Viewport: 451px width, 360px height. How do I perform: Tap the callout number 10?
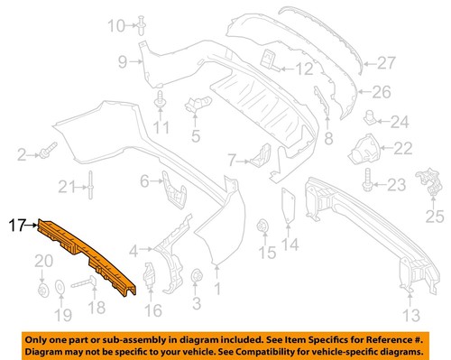click(x=116, y=26)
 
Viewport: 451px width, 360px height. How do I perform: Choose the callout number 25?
click(x=437, y=217)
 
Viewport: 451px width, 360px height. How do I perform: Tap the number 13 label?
click(x=411, y=315)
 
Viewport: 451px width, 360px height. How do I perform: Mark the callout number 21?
click(x=64, y=188)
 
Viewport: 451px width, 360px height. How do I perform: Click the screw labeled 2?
click(x=46, y=147)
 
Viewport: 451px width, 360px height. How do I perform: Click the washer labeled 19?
click(x=60, y=289)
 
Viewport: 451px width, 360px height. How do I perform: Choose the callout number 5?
click(x=194, y=137)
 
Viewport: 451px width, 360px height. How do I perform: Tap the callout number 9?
click(x=122, y=61)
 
